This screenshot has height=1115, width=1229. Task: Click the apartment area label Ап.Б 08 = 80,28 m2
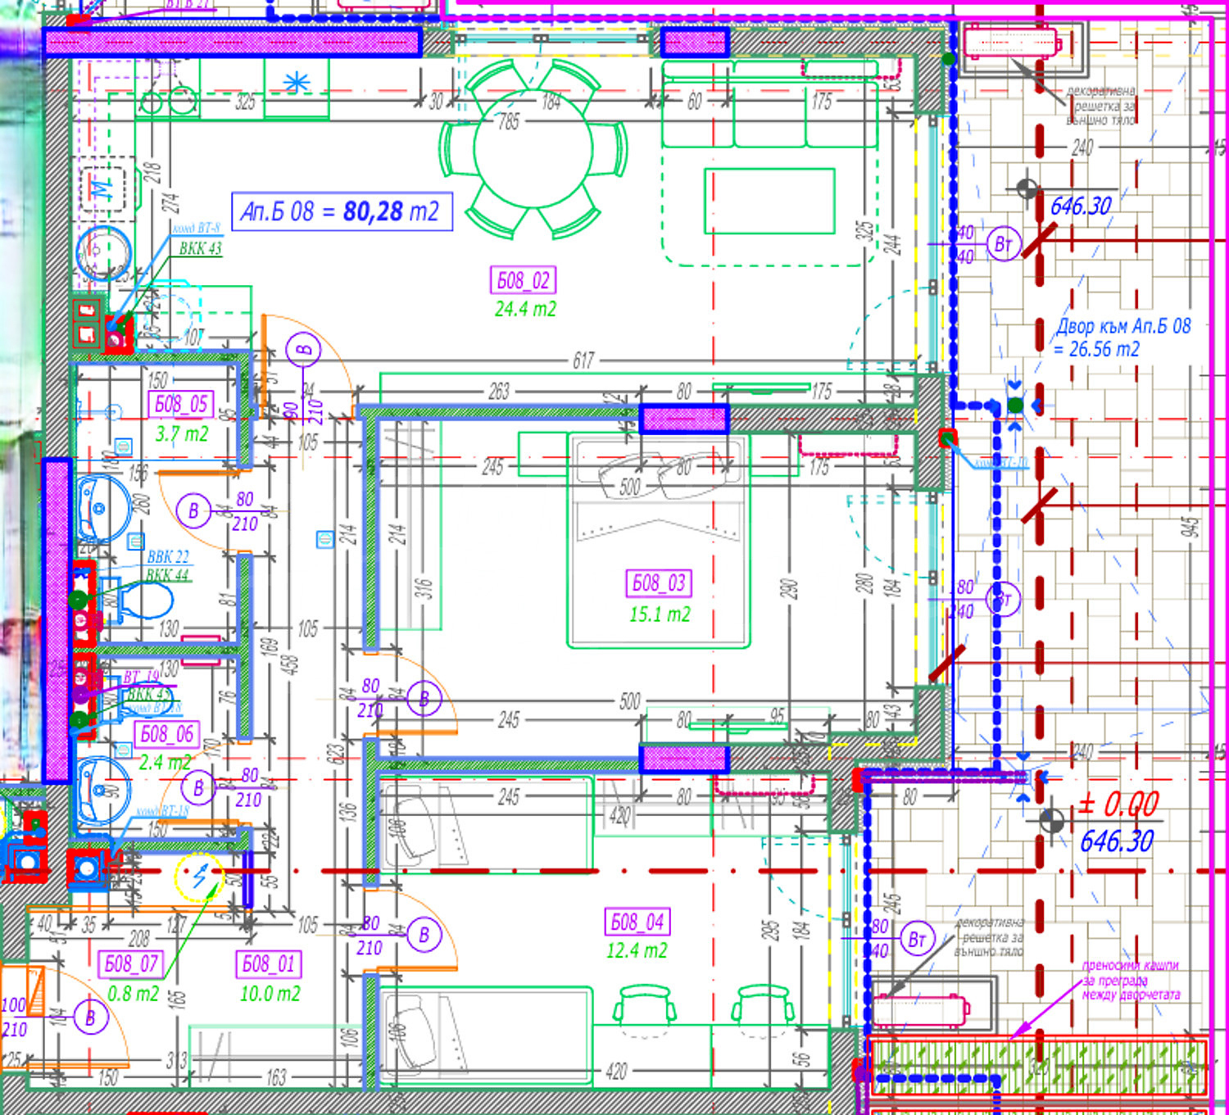pos(342,211)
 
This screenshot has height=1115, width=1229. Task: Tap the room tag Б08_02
pos(524,280)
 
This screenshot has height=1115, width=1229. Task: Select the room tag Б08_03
pos(659,583)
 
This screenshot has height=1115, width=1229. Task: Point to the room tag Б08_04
pos(637,922)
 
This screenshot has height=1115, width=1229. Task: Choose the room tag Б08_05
pos(181,404)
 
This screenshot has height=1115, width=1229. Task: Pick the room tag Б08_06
pos(167,734)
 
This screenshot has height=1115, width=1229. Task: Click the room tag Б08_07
pos(131,963)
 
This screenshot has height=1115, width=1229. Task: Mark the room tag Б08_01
pos(269,964)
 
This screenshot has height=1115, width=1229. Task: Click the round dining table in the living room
pos(533,148)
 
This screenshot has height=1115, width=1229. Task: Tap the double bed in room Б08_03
pos(659,541)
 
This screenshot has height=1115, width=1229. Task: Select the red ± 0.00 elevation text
pos(1118,805)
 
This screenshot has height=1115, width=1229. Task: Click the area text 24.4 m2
pos(525,310)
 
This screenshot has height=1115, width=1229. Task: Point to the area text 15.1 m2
pos(660,614)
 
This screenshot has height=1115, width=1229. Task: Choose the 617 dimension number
pos(583,360)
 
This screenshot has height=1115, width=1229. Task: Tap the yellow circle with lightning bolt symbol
pos(199,877)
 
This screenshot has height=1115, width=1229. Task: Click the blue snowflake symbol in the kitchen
pos(296,82)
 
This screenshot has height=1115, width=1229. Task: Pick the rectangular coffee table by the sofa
pos(769,202)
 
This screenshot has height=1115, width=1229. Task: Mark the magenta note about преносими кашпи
pos(1131,980)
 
